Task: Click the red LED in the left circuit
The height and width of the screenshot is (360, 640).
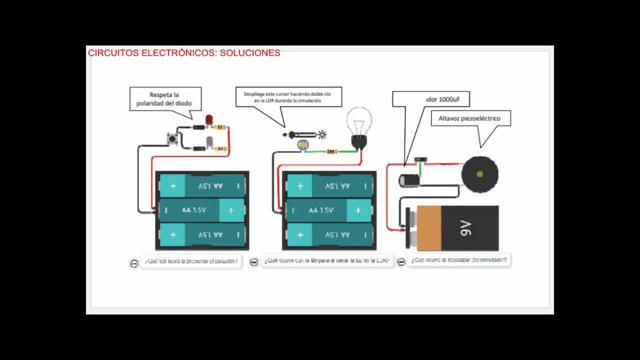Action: coord(209,119)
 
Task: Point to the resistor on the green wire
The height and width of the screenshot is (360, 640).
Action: coord(330,151)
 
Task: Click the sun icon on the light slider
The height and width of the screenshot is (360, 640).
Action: coord(322,134)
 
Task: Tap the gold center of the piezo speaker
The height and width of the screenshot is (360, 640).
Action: coord(479,174)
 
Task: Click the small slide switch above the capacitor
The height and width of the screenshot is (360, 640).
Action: coord(420,160)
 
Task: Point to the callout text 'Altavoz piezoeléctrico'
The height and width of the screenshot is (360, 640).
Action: coord(469,118)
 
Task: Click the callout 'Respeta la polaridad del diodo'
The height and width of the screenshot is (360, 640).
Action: coord(164,99)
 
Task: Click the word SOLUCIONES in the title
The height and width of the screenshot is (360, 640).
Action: coord(250,53)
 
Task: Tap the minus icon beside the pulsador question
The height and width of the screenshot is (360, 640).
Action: coord(134,263)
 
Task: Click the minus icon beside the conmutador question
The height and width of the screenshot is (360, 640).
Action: coord(401,262)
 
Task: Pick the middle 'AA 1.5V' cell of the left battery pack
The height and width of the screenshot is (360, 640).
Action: coord(194,210)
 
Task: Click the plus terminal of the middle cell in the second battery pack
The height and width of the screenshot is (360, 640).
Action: coord(358,210)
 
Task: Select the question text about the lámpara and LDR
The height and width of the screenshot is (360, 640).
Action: coord(326,260)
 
